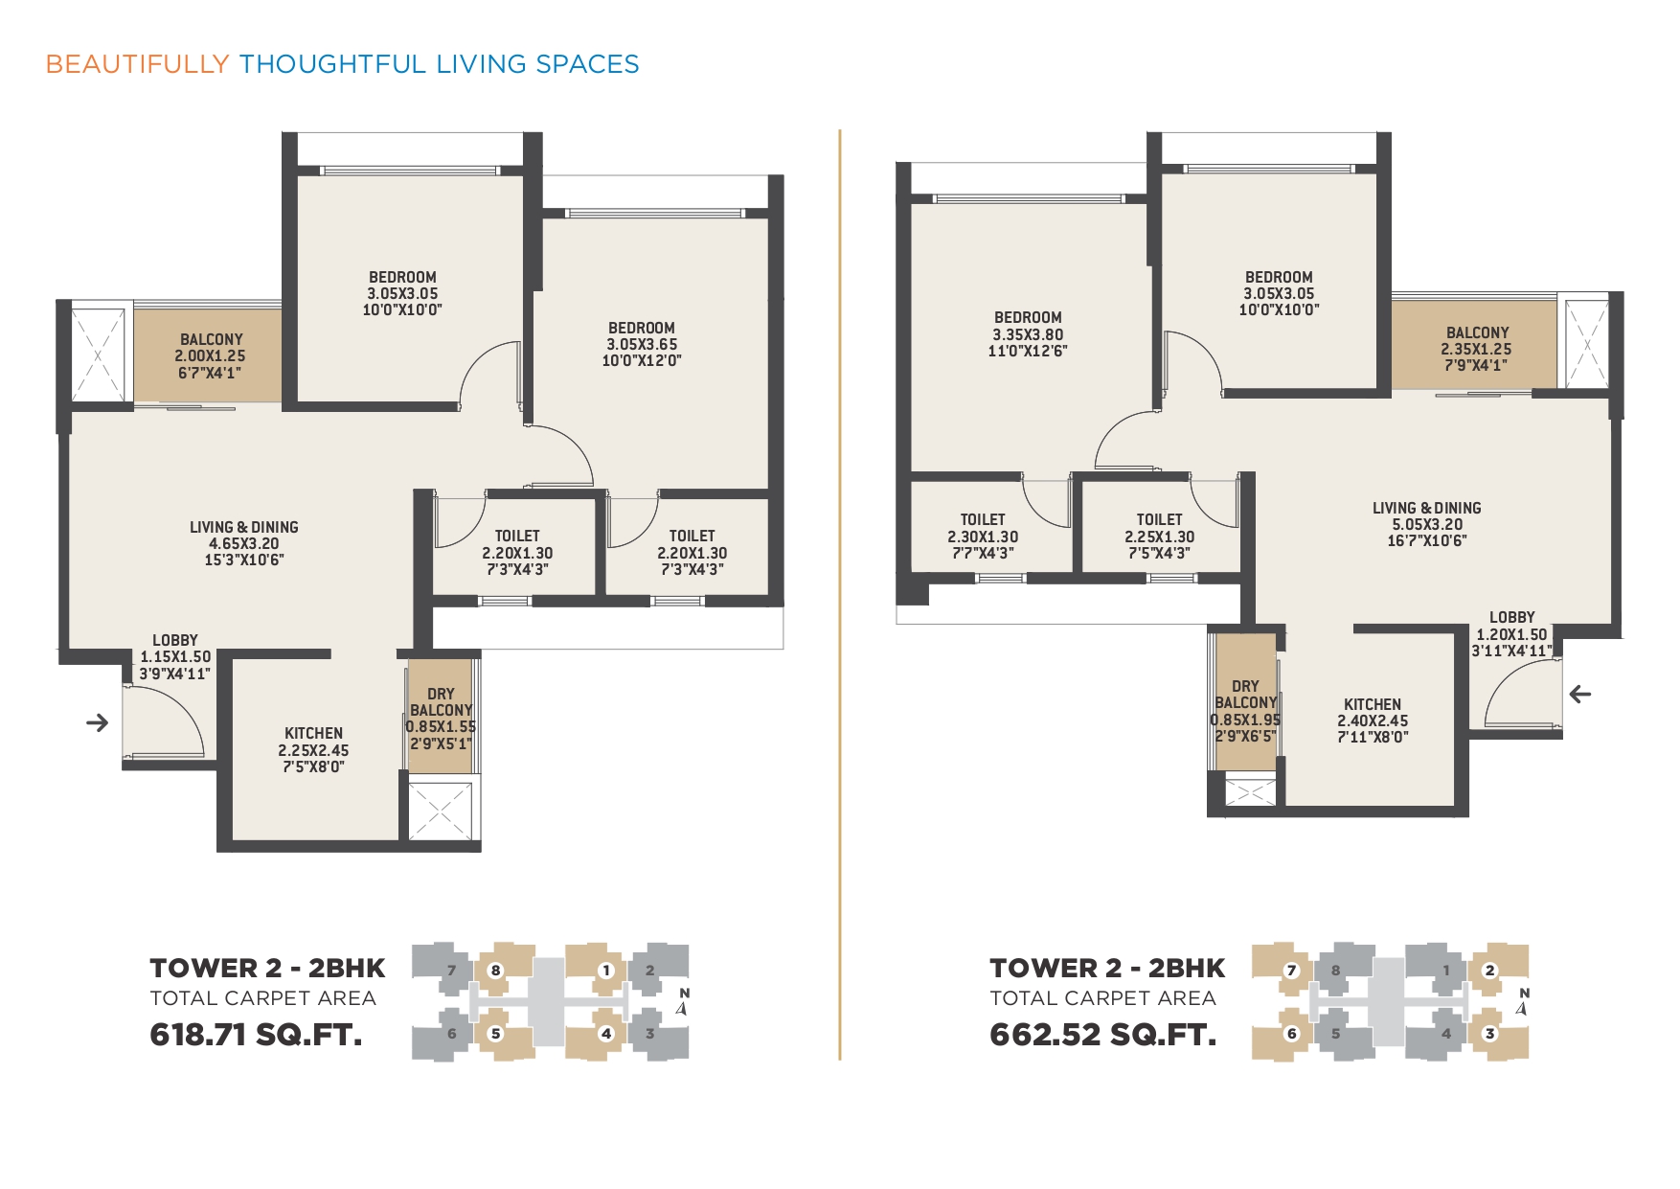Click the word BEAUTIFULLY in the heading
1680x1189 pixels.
tap(137, 64)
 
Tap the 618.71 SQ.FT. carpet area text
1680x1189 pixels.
tap(256, 1035)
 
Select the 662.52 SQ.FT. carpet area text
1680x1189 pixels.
tap(1102, 1035)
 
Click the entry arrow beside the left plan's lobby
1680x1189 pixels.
tap(97, 722)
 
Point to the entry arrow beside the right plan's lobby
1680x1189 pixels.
tap(1580, 694)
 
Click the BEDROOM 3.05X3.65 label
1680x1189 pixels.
tap(642, 344)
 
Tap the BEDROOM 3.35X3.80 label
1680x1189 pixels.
tap(1028, 333)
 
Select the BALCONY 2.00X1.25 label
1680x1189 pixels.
tap(211, 355)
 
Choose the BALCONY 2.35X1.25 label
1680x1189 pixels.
tap(1477, 349)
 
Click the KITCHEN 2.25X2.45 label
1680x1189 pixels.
tap(313, 750)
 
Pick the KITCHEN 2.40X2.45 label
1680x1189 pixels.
tap(1373, 720)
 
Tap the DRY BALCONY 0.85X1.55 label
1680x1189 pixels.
tap(441, 719)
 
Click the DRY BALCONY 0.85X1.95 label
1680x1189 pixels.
tap(1245, 712)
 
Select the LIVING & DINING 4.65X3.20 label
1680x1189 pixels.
tap(244, 543)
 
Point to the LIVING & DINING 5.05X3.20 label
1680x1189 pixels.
tap(1427, 524)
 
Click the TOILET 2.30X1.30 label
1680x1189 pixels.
tap(983, 537)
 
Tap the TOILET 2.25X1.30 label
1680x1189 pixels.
tap(1159, 537)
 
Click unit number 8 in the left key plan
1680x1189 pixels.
tap(495, 970)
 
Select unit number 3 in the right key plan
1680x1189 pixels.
tap(1489, 1034)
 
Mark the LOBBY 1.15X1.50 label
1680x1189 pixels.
tap(175, 656)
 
